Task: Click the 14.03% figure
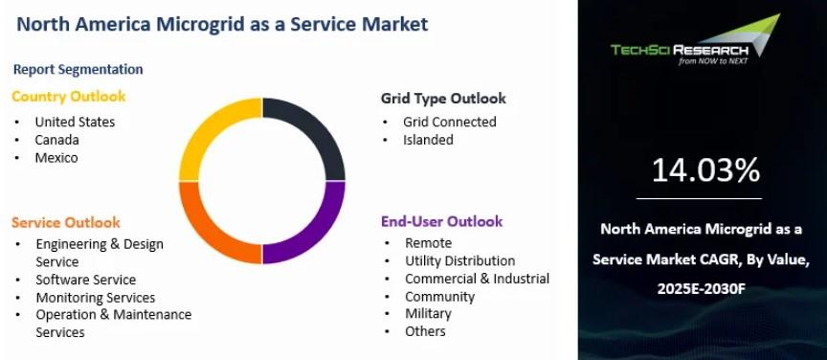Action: [x=705, y=170]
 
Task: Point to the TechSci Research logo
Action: [x=695, y=40]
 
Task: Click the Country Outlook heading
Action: [x=69, y=97]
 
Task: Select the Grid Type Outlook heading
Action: [x=443, y=99]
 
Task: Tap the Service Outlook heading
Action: [x=66, y=223]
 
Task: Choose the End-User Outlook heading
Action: [x=441, y=221]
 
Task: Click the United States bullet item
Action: [x=75, y=122]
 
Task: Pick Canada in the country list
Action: [x=57, y=140]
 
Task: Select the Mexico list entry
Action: [x=56, y=158]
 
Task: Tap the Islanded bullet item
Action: [x=428, y=140]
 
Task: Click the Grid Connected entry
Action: [x=450, y=122]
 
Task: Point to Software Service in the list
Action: [x=86, y=280]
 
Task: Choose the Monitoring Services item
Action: [x=96, y=298]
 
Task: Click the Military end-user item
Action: [x=428, y=313]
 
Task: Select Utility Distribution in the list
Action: [x=459, y=260]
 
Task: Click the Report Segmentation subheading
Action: [x=78, y=69]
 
